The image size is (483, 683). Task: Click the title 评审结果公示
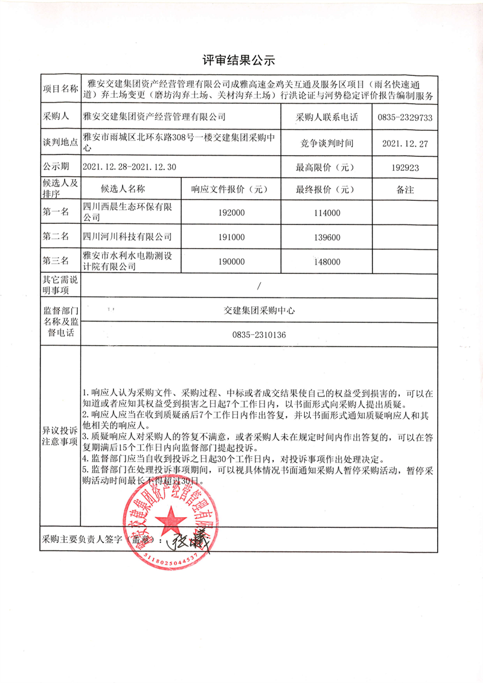[238, 60]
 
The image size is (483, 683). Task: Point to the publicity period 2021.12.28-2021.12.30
[129, 167]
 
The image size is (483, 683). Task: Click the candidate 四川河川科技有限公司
[127, 237]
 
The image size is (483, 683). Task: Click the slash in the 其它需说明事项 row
[260, 286]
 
